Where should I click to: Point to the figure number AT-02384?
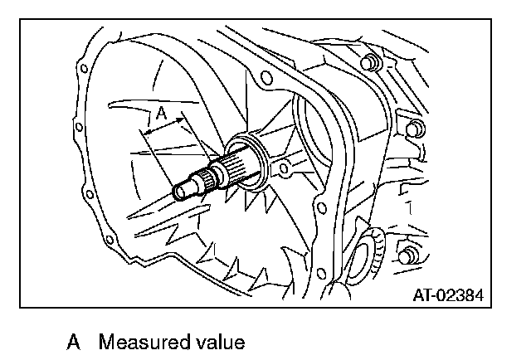click(x=449, y=294)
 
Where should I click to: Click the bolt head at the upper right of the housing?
click(x=368, y=63)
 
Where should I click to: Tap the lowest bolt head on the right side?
click(x=406, y=253)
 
